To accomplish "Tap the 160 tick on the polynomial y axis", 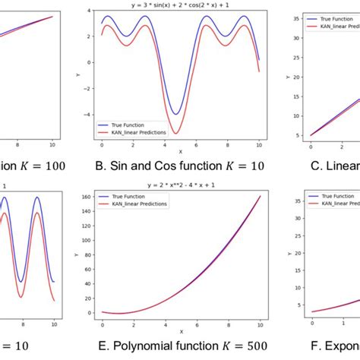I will [x=88, y=197].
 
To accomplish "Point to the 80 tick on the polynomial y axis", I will [x=90, y=255].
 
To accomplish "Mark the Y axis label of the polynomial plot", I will [x=75, y=254].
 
